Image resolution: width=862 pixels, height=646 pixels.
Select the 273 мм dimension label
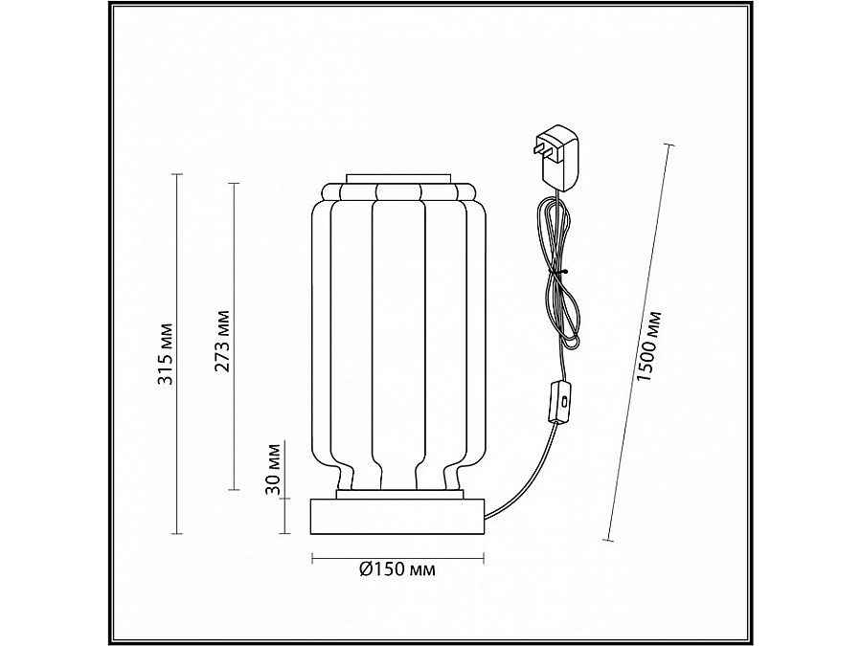coord(223,341)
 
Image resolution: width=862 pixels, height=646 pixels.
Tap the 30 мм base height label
coord(275,468)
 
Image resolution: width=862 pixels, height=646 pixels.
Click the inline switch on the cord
coord(559,402)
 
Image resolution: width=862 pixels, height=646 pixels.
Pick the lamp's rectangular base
coord(397,518)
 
